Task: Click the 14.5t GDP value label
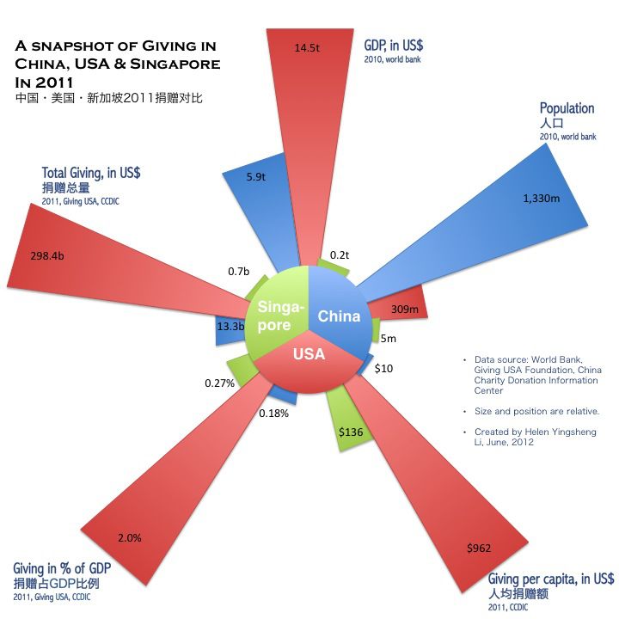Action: [307, 48]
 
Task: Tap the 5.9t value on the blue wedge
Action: [256, 176]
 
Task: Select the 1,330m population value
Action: [542, 199]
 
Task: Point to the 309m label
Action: [405, 309]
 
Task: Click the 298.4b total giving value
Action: [47, 256]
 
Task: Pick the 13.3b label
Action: [230, 326]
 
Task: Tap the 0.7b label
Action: [238, 271]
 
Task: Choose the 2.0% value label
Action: [130, 537]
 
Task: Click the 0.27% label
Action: [219, 383]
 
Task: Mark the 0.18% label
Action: [273, 414]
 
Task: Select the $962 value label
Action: [479, 548]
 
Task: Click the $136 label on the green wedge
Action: [351, 432]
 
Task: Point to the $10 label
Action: [383, 368]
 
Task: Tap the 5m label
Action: [388, 339]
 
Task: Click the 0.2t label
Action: [340, 255]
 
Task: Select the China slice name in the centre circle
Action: [339, 316]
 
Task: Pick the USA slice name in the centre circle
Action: [309, 353]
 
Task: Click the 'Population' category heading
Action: [567, 108]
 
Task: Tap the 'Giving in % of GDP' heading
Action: [62, 568]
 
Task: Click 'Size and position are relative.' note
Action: [536, 411]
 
